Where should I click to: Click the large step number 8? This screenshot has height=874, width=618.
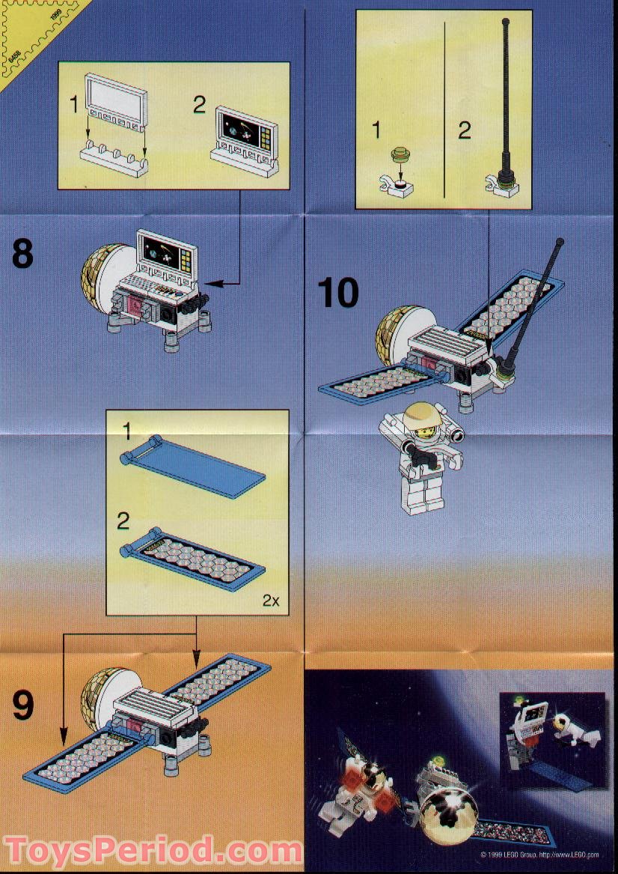[x=22, y=254]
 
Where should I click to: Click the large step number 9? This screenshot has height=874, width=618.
[x=22, y=704]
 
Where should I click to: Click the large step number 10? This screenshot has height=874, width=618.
[x=337, y=293]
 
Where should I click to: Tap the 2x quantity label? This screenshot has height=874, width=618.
[x=272, y=600]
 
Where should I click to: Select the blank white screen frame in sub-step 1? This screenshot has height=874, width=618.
[x=116, y=97]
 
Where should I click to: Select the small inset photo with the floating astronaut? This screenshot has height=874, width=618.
[x=552, y=739]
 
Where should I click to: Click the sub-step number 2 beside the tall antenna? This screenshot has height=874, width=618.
[x=464, y=130]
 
